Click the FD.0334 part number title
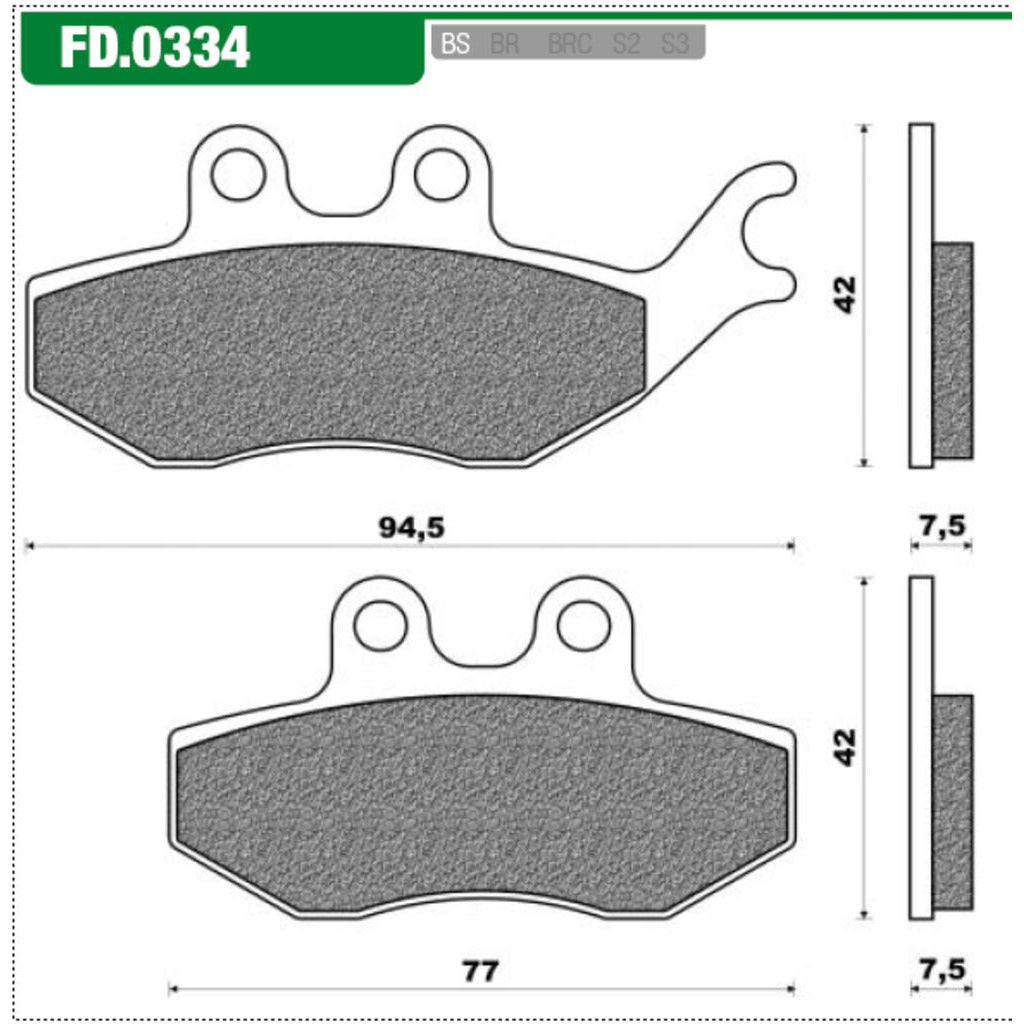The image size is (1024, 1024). [155, 47]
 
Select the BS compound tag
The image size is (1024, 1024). [456, 45]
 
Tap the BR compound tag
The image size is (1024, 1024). [505, 45]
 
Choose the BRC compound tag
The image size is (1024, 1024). [570, 45]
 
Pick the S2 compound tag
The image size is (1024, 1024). [626, 45]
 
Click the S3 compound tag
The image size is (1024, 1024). [675, 45]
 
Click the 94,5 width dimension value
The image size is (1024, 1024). [411, 528]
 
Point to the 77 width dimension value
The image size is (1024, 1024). [481, 971]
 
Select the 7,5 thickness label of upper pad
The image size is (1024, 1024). [941, 526]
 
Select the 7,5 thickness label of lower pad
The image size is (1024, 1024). [941, 970]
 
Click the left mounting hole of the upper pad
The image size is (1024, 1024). [238, 175]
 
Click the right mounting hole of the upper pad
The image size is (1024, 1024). [441, 175]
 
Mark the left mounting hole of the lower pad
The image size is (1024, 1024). [380, 626]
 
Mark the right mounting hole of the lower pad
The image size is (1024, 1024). [584, 626]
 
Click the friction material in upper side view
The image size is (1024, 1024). [952, 350]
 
